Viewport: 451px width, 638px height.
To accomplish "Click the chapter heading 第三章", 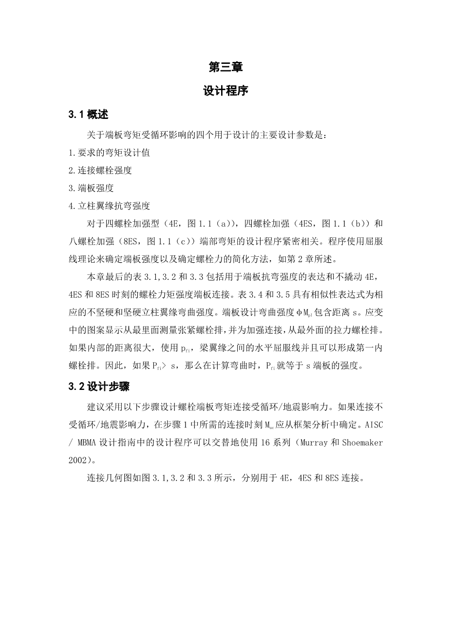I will coord(225,67).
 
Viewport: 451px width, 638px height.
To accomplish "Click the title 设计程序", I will coord(225,91).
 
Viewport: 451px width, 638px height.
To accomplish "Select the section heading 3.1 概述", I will coord(88,115).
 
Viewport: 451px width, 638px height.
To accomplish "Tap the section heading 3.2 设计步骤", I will coord(99,387).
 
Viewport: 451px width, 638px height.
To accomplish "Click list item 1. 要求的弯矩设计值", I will coord(110,153).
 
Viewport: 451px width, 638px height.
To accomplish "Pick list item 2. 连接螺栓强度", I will coord(100,171).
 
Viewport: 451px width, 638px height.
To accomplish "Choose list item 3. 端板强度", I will coord(91,188).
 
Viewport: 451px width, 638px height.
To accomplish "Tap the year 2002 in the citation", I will coord(78,460).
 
